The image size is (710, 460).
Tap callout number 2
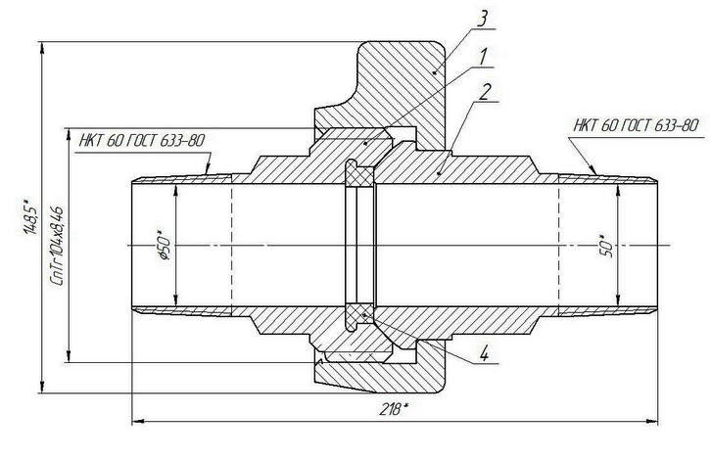click(484, 94)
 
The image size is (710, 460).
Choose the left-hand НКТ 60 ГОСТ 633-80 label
click(142, 140)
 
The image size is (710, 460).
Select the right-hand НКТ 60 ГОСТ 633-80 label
click(637, 125)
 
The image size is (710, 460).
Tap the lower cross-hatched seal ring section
click(359, 313)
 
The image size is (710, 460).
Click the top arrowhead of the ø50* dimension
click(175, 189)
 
